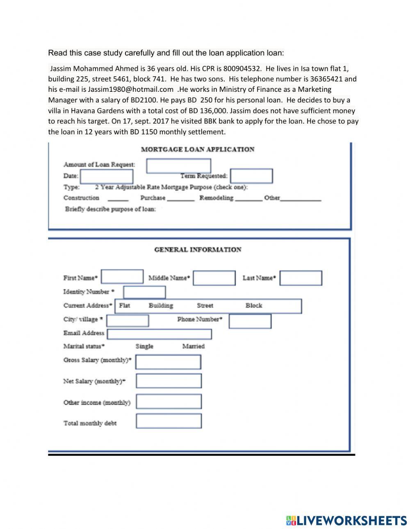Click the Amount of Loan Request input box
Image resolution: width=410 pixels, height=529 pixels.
[x=178, y=166]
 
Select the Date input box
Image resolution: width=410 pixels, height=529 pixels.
[x=107, y=176]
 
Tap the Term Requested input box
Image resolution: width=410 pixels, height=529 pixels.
[x=251, y=176]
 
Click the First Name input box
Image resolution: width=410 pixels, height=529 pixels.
[x=122, y=277]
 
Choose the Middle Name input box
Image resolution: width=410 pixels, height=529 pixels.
[x=214, y=278]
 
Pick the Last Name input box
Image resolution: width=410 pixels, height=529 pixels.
[x=301, y=278]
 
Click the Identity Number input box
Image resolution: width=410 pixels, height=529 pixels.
[x=144, y=292]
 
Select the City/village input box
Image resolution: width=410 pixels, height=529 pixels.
[x=128, y=320]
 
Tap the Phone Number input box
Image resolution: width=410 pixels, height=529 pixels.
[x=250, y=321]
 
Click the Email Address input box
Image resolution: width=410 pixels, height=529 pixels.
[x=159, y=334]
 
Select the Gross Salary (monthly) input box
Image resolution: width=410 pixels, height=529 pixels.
[x=168, y=362]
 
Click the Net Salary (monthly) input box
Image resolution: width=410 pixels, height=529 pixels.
[x=169, y=381]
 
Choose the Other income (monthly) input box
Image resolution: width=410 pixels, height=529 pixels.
[x=169, y=402]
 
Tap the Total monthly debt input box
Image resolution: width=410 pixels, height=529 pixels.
[x=169, y=421]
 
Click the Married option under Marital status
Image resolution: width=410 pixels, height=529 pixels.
[x=193, y=346]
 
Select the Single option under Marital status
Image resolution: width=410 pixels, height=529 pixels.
[x=144, y=346]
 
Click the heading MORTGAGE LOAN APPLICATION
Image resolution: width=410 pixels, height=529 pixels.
[x=197, y=150]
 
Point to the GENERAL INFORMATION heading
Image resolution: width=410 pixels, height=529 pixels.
[x=198, y=250]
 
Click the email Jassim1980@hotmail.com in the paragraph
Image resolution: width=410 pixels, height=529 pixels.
[x=130, y=89]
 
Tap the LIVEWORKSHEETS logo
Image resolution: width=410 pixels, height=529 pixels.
[x=346, y=520]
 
